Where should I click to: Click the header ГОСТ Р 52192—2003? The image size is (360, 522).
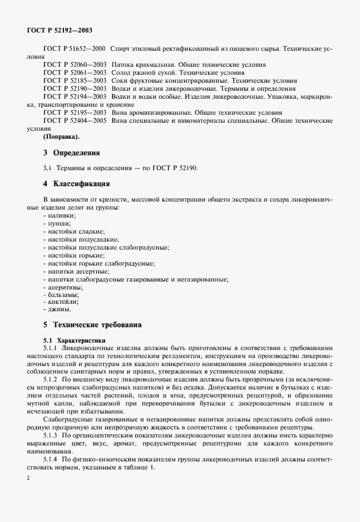(x=60, y=29)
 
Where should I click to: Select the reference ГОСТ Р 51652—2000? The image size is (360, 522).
(x=74, y=50)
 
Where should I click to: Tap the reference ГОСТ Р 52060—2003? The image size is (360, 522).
(x=74, y=66)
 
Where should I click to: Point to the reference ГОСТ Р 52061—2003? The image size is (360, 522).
(x=74, y=74)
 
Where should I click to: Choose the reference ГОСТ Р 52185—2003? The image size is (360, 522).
(x=74, y=82)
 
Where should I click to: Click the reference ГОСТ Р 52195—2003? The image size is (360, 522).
(x=74, y=113)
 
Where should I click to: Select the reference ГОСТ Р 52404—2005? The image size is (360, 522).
(x=74, y=121)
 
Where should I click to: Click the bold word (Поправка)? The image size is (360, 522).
(x=62, y=137)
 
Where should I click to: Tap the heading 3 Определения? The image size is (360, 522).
(x=71, y=153)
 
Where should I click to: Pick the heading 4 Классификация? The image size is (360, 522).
(x=76, y=184)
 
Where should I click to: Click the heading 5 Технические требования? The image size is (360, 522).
(x=93, y=324)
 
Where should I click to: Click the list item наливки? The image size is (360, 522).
(x=62, y=215)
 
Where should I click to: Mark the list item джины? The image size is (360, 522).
(x=59, y=310)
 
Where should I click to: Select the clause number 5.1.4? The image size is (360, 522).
(x=53, y=459)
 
